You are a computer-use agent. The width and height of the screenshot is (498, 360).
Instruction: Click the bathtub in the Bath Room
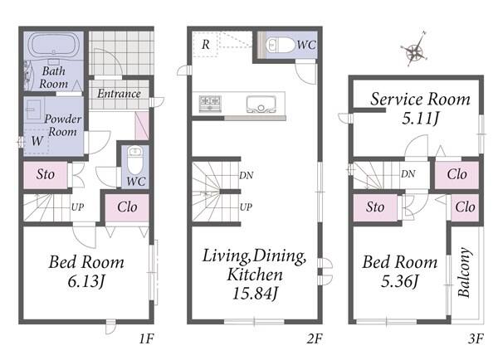coord(54,46)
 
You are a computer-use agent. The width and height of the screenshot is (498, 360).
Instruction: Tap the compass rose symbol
coord(415,50)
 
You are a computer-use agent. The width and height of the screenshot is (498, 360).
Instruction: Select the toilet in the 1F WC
coord(135,160)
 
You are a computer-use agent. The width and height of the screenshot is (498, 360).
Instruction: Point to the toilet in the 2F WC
coord(281,45)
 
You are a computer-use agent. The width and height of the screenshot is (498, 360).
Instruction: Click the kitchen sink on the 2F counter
coord(261,105)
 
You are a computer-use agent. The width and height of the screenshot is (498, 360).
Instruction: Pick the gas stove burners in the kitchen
coord(210,103)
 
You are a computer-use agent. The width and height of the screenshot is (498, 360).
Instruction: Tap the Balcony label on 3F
coord(464,272)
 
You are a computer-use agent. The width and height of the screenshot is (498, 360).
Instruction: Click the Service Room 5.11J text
coord(420,109)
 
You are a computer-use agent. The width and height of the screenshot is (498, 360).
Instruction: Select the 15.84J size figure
coord(255,294)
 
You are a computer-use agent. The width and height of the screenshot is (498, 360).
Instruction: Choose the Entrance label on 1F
coord(119,94)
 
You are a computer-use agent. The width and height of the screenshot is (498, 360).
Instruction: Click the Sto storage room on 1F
coord(45,175)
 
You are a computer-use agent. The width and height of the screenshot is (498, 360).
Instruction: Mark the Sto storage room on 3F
coord(375,207)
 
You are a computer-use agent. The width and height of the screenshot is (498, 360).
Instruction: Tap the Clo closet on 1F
coord(127,207)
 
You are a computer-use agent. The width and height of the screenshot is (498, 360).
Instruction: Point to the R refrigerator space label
coord(206,45)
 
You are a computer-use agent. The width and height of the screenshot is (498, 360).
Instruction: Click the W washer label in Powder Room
coord(37,141)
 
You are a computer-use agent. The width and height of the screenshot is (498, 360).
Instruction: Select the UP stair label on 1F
coord(77,207)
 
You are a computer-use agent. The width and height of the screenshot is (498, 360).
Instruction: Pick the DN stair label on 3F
coord(408,174)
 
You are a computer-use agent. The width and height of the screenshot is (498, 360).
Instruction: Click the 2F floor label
coord(315,338)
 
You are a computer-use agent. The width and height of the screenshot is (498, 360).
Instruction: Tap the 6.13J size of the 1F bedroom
coord(86,281)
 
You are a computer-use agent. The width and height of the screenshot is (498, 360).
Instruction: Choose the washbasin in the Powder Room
coord(33,109)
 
